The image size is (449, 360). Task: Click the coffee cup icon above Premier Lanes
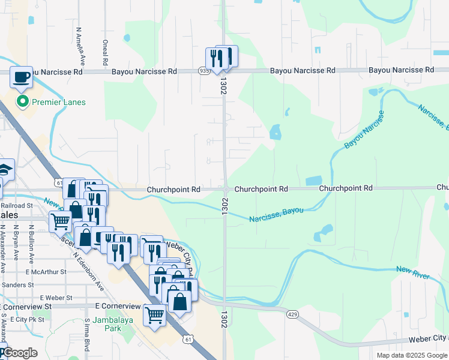click(22, 77)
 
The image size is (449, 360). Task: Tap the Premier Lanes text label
click(59, 102)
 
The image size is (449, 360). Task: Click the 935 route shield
click(204, 71)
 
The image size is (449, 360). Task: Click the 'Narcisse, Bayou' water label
click(276, 215)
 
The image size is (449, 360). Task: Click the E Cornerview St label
click(118, 306)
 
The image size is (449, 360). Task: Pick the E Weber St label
click(56, 298)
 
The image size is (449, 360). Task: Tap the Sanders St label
click(18, 284)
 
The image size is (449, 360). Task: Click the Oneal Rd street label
click(105, 53)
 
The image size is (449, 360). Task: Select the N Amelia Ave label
click(79, 46)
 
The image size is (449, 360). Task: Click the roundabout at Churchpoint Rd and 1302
click(225, 190)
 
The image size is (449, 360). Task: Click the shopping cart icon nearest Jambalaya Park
click(155, 315)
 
